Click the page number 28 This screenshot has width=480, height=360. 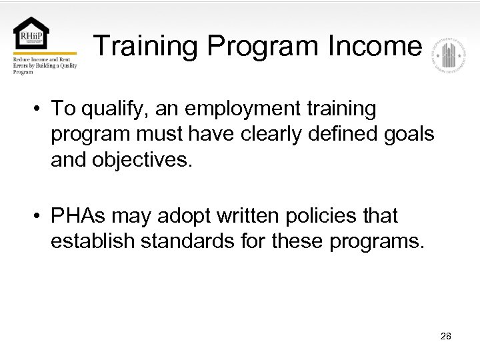[446, 336]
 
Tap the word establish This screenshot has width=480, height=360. [93, 241]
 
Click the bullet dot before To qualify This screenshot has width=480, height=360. [40, 109]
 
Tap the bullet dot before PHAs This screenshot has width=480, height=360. [40, 216]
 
